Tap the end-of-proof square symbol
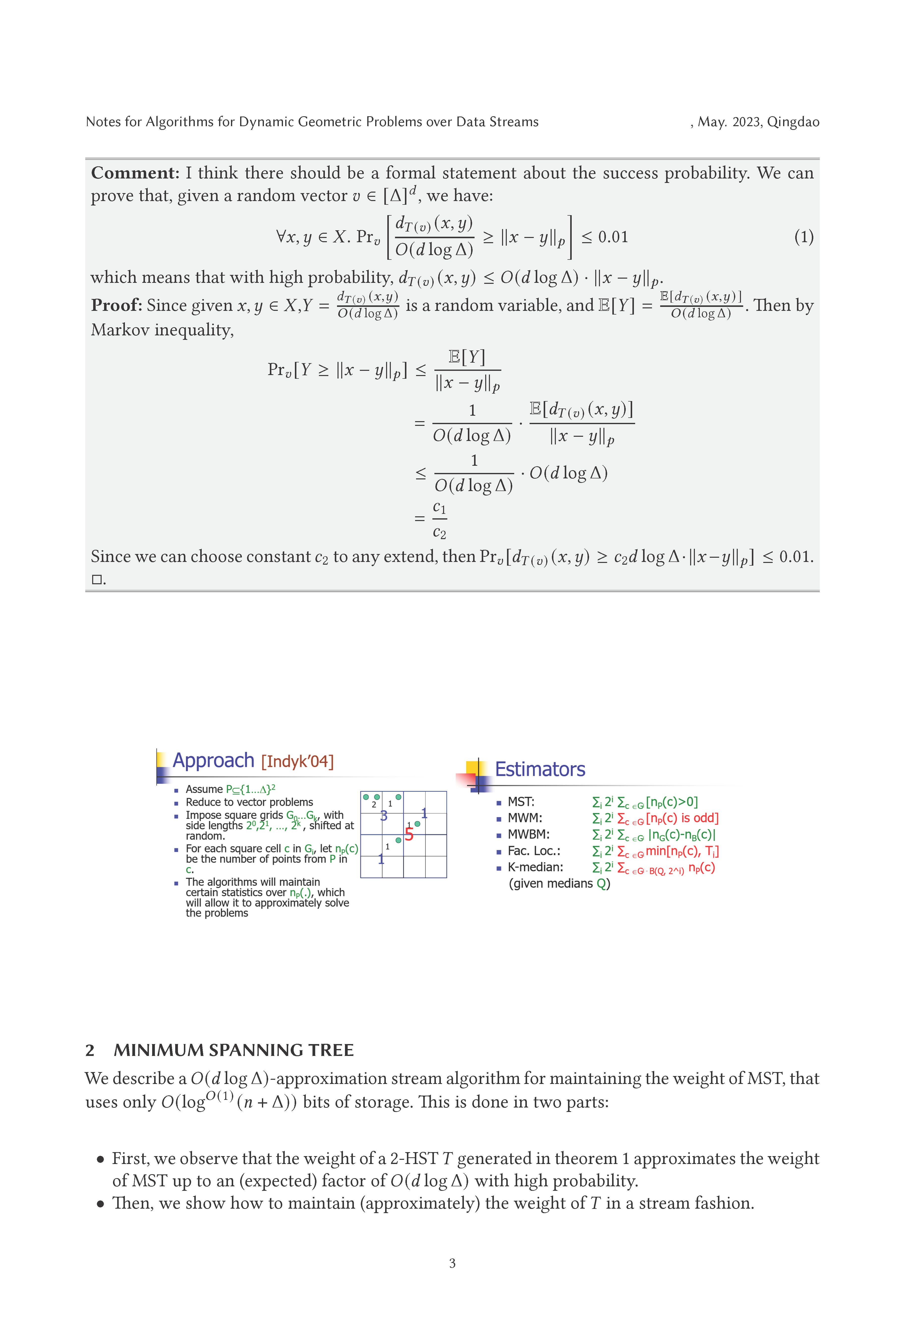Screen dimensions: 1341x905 click(97, 579)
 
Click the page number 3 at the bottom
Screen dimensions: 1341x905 click(452, 1263)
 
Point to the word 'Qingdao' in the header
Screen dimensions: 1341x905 click(793, 122)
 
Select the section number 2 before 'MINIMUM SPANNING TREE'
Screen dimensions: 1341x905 click(90, 1050)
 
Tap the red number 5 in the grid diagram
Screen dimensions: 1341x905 click(409, 834)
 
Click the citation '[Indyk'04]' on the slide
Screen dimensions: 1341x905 click(298, 762)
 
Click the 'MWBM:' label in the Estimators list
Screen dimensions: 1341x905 click(528, 834)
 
